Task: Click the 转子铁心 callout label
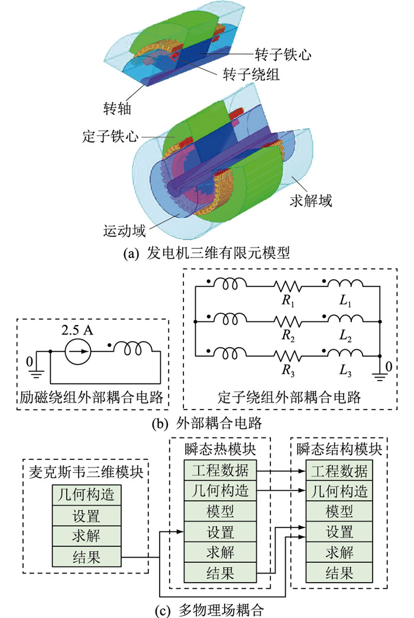pos(283,54)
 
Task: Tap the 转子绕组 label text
pos(251,74)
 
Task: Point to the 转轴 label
pos(117,108)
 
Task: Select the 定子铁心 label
pos(111,136)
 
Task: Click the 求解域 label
pos(311,200)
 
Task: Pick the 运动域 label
pos(124,231)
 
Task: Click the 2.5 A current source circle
pos(78,351)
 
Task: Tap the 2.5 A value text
pos(77,330)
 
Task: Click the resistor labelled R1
pos(287,287)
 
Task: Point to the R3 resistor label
pos(288,371)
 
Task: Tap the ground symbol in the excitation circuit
pos(36,373)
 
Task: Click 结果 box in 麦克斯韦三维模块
pos(87,556)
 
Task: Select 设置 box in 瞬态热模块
pos(220,532)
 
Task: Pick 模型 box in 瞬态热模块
pos(220,511)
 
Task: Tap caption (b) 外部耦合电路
pos(207,423)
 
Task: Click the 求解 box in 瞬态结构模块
pos(339,552)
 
